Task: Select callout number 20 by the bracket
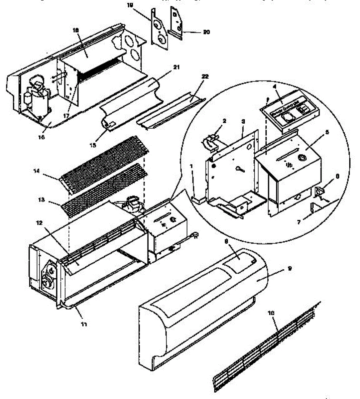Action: tap(206, 32)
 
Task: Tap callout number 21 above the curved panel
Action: tap(176, 67)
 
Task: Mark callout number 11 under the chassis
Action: tap(84, 324)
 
